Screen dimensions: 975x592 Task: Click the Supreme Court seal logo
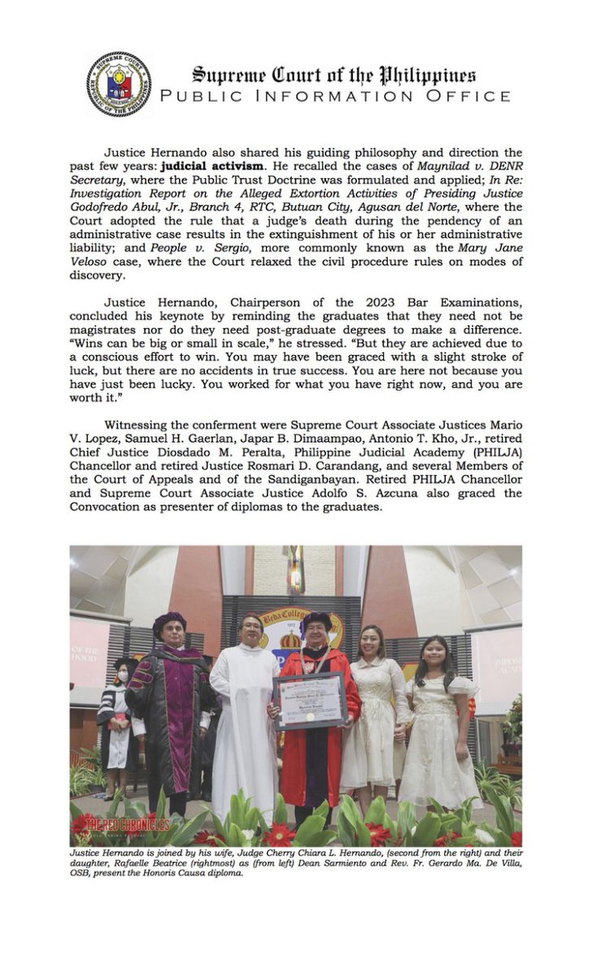(x=118, y=84)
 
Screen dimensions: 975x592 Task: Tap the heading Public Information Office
(x=335, y=97)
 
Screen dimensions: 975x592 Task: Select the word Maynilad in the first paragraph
(x=444, y=162)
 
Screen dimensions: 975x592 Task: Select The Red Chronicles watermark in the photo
(x=122, y=824)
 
